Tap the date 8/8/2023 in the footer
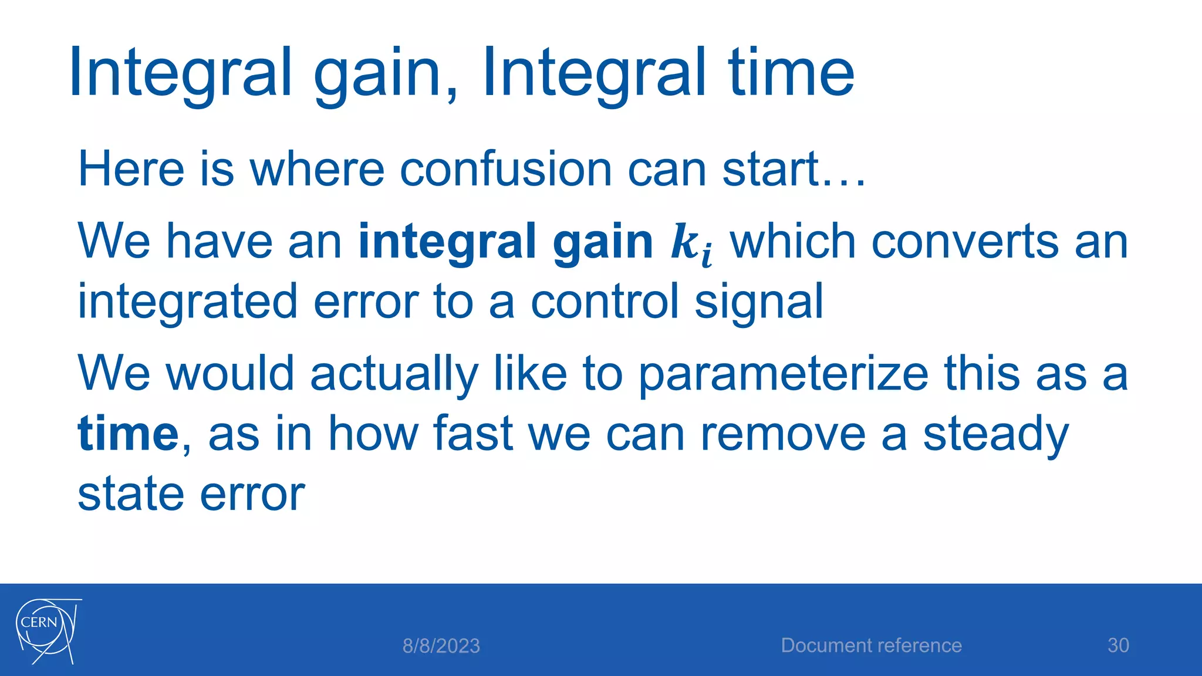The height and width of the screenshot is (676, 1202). (441, 646)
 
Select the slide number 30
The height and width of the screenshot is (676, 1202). (1117, 645)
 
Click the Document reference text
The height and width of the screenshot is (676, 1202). (871, 645)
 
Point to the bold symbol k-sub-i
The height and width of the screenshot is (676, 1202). (691, 244)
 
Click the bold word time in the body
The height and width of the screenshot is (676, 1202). (128, 434)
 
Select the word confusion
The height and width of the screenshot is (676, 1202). (505, 170)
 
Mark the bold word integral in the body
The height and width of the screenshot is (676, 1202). (447, 243)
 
